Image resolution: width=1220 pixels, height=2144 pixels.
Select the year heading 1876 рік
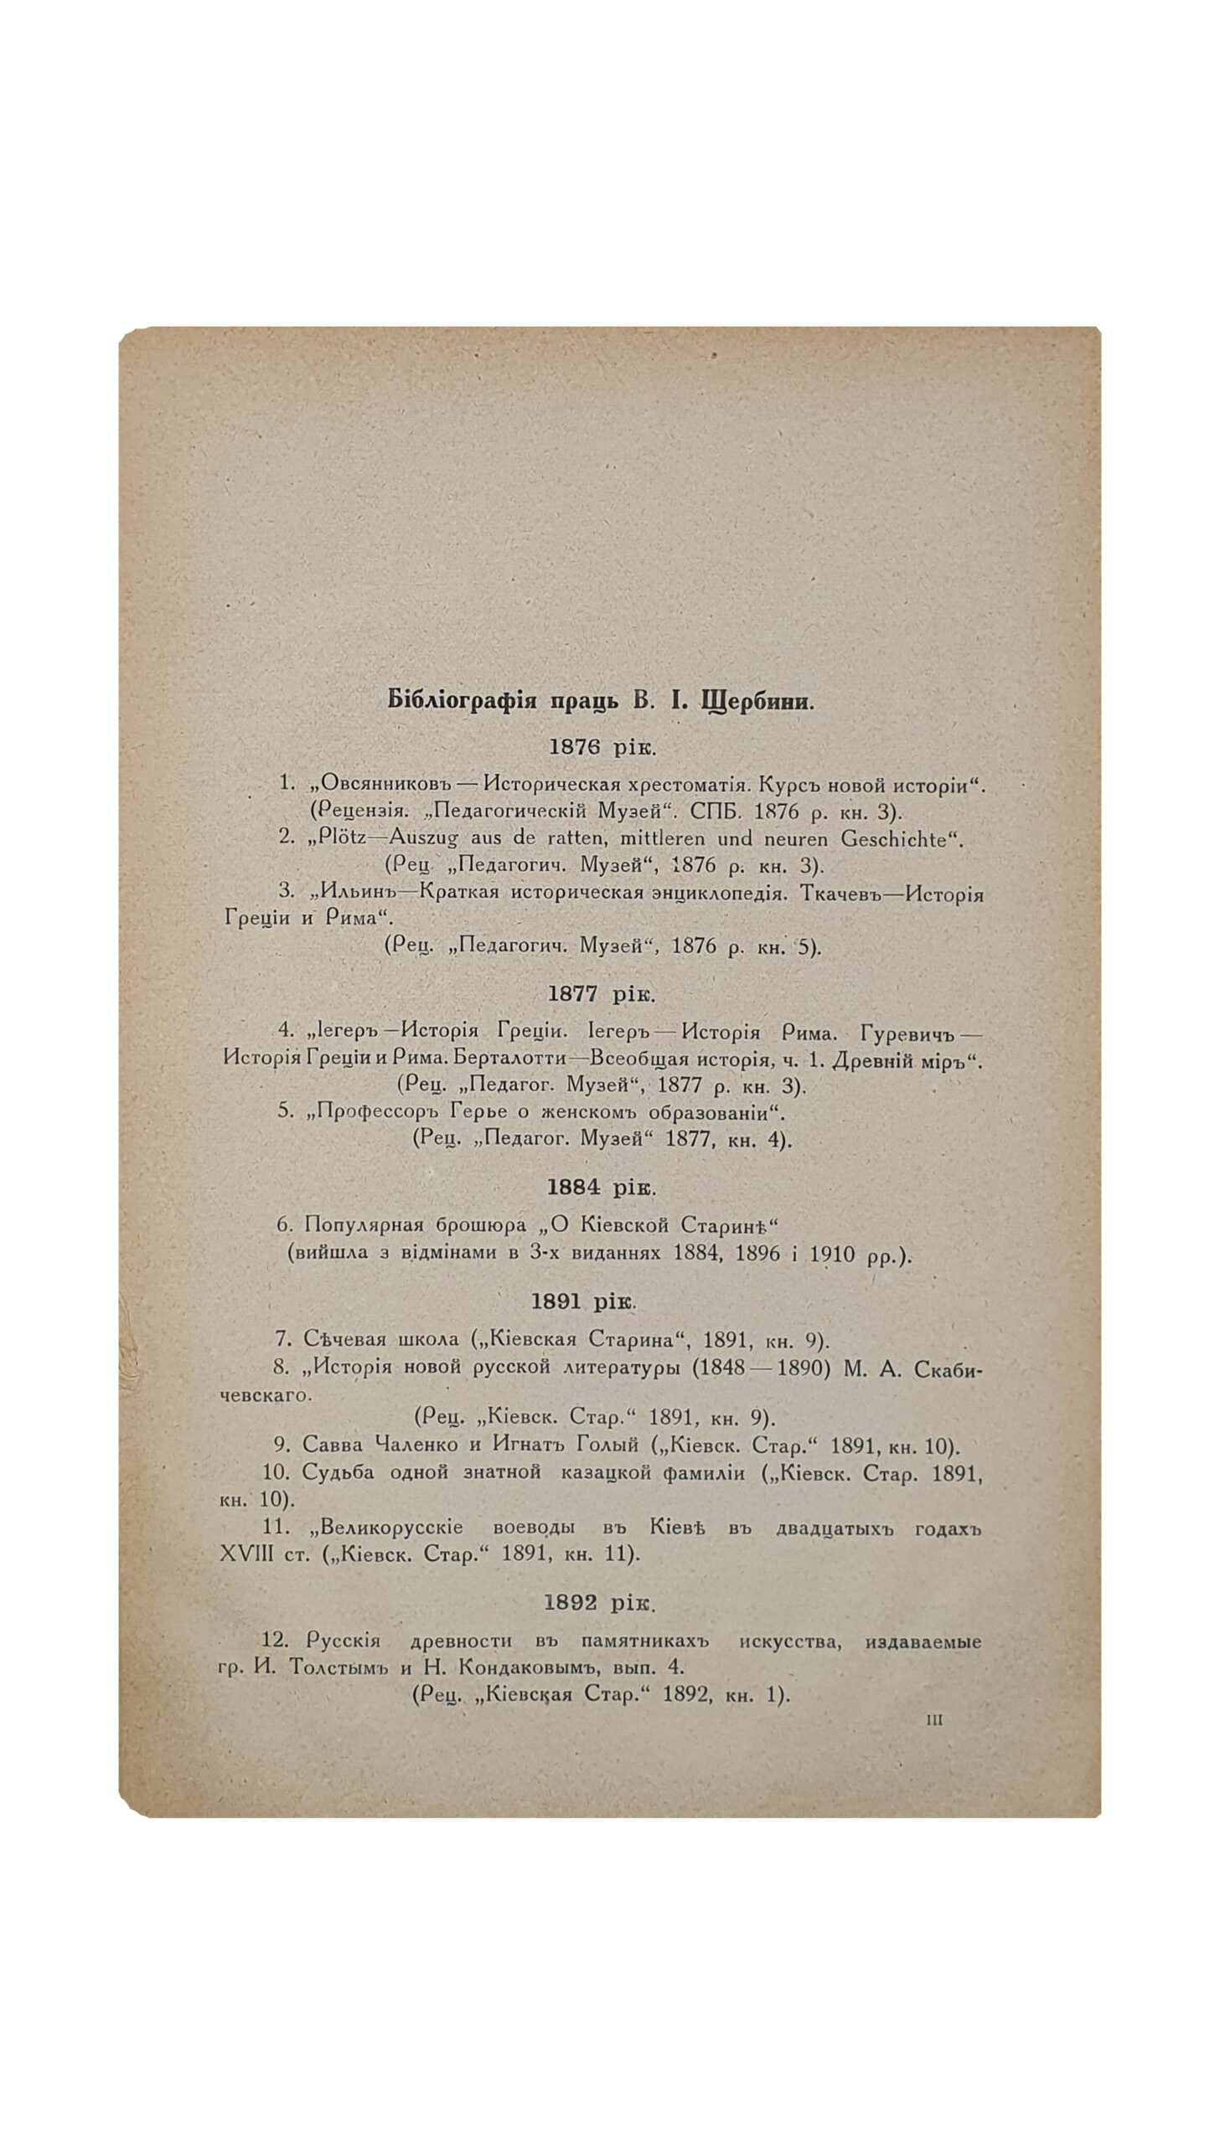pos(602,746)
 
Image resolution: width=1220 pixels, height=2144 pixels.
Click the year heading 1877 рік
pos(602,994)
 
